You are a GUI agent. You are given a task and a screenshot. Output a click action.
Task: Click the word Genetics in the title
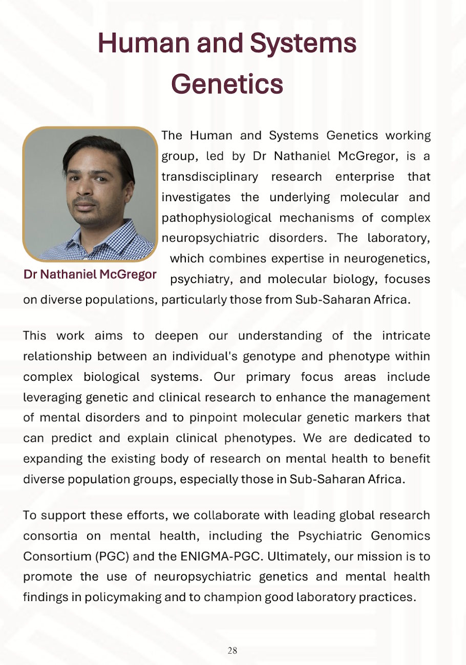pos(227,83)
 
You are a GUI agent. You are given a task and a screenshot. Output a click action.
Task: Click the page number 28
pos(232,651)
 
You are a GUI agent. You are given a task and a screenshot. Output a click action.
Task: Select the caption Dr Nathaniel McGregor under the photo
pos(90,274)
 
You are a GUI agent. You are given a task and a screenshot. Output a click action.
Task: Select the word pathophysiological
pos(217,218)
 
